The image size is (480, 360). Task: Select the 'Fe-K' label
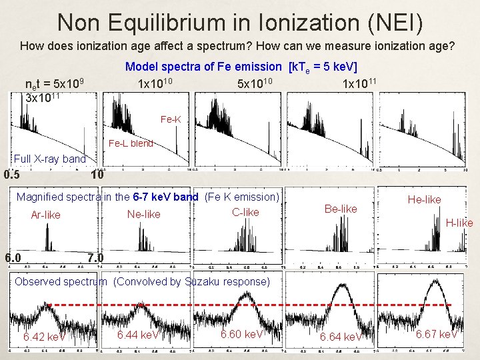click(171, 120)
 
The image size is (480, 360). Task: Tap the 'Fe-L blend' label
click(131, 143)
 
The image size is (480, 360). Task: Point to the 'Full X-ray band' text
click(49, 159)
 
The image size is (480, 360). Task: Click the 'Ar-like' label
click(45, 215)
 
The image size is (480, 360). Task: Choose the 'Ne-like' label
click(143, 214)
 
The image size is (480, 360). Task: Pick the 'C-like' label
click(245, 212)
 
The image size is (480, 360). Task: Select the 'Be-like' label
click(340, 209)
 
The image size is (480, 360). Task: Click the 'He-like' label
click(425, 199)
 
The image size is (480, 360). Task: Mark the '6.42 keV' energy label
click(43, 337)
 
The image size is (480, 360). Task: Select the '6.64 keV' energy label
click(341, 337)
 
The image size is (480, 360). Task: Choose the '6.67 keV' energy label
click(436, 334)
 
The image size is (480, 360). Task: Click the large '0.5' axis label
click(11, 176)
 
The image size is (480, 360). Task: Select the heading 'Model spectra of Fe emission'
click(203, 67)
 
